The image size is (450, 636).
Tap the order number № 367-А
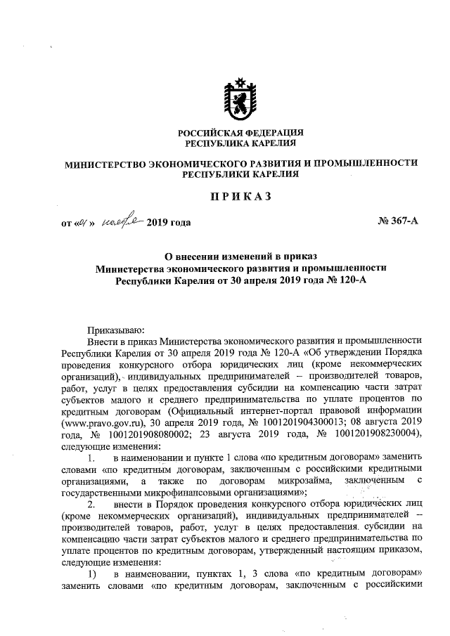(398, 223)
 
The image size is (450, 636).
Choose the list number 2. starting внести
(91, 508)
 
